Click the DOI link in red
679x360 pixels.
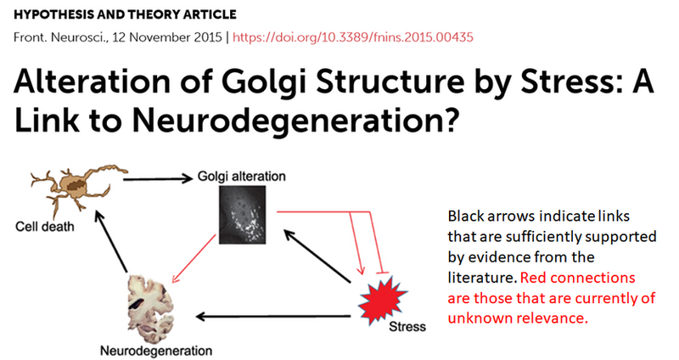pos(353,37)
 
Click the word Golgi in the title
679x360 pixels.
pos(266,82)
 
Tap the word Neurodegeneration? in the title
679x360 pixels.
pos(295,121)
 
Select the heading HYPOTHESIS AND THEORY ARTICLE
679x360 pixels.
pos(125,14)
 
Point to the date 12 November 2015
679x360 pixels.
pos(167,37)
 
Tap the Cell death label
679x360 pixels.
pos(45,226)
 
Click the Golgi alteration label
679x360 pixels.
pos(242,177)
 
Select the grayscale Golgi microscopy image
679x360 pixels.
pos(242,215)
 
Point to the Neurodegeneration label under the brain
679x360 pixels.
pos(156,350)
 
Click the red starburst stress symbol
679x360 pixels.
pos(381,301)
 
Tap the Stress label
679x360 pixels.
pos(407,326)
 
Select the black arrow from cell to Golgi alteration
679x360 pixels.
pos(158,178)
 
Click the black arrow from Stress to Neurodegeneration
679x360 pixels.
pos(273,317)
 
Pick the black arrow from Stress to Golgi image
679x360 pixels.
pos(317,256)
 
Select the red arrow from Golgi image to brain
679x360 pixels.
pos(194,259)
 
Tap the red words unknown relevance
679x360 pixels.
pos(518,318)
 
